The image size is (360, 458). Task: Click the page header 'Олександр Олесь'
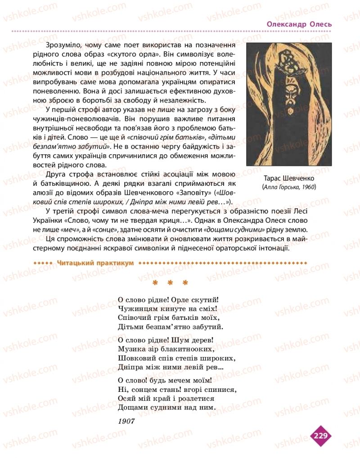(299, 24)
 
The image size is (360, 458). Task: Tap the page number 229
(320, 435)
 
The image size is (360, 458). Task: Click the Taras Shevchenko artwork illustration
(289, 104)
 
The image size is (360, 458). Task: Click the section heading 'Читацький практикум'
(96, 263)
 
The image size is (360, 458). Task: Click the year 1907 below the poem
(126, 421)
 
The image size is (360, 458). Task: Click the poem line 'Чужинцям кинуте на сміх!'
(166, 309)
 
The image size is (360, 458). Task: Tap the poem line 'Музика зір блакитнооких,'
(164, 349)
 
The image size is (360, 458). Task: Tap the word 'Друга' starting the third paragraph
(57, 174)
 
